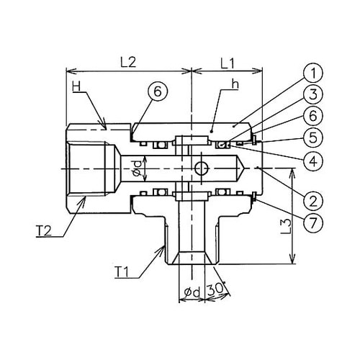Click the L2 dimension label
(128, 63)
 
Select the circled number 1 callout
(313, 73)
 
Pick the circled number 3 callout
(313, 94)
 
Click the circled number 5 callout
(313, 138)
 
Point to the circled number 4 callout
(313, 160)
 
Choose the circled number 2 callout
(313, 201)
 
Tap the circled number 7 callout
(313, 223)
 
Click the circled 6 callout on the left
(158, 91)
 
